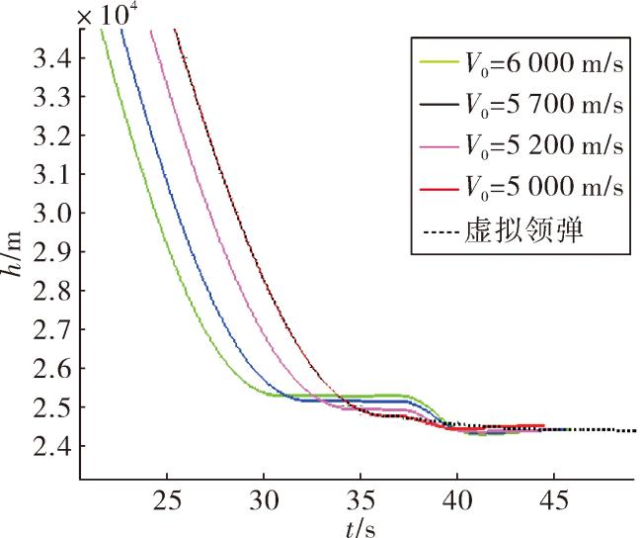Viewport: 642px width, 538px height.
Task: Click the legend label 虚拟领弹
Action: pyautogui.click(x=523, y=230)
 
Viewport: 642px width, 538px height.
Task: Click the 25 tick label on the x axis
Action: pyautogui.click(x=167, y=500)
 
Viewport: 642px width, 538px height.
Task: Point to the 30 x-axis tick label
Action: pyautogui.click(x=264, y=500)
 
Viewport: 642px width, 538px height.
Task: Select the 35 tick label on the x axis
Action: pyautogui.click(x=361, y=500)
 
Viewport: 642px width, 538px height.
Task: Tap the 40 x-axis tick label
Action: pyautogui.click(x=457, y=500)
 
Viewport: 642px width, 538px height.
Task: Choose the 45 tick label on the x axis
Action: pyautogui.click(x=554, y=500)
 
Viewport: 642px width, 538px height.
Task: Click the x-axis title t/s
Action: pyautogui.click(x=361, y=529)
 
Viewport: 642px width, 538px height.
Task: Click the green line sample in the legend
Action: pyautogui.click(x=440, y=62)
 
